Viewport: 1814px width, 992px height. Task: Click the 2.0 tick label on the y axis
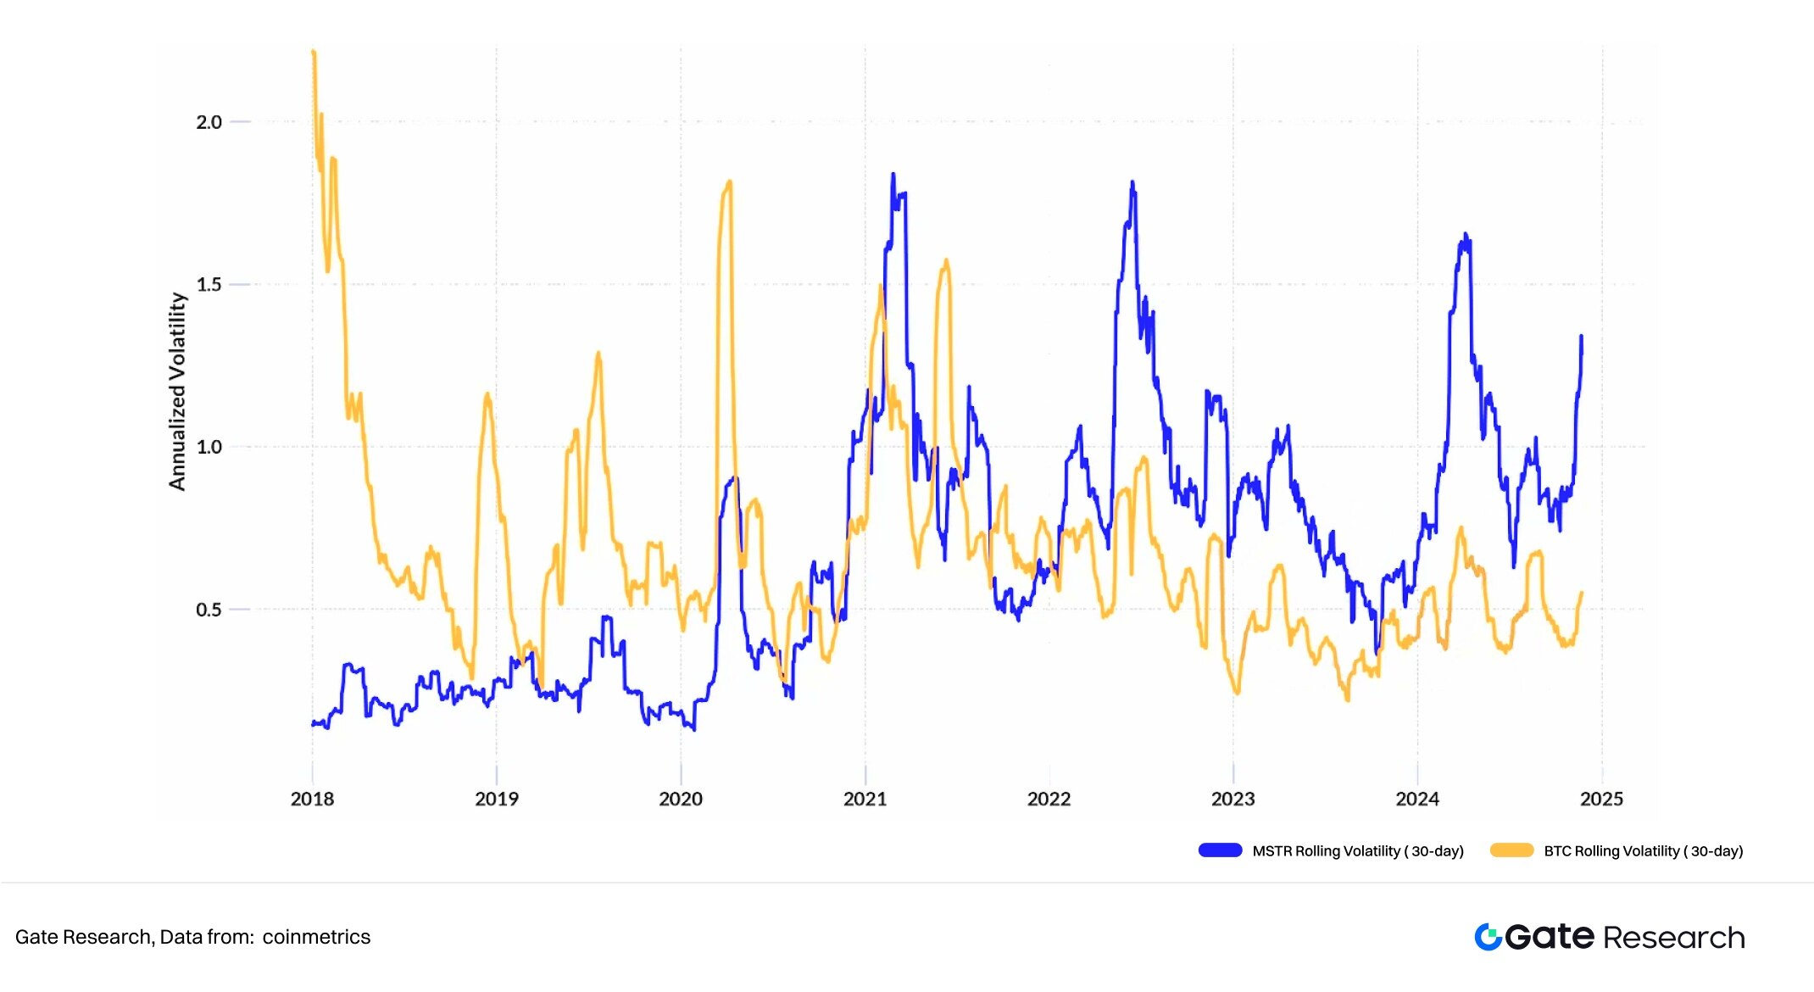click(x=209, y=122)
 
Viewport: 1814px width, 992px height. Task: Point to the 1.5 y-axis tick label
click(x=209, y=285)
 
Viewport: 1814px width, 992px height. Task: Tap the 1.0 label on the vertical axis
click(x=209, y=447)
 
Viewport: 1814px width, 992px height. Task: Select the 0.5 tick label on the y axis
click(x=209, y=610)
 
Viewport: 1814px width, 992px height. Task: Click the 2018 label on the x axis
click(x=312, y=799)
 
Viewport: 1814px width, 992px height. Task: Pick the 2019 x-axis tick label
click(x=496, y=799)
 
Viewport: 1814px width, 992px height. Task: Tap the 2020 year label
click(x=681, y=799)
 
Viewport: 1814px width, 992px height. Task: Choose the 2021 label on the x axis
click(x=865, y=799)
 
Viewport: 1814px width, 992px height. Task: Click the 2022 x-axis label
click(x=1049, y=799)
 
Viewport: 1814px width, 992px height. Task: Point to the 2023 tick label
click(x=1233, y=799)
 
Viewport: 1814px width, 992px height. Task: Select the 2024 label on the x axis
click(x=1417, y=799)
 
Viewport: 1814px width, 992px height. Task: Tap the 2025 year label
click(x=1601, y=799)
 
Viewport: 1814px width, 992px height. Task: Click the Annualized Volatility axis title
click(x=176, y=391)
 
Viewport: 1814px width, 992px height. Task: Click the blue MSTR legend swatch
click(x=1220, y=850)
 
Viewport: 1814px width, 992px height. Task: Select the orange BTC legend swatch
click(x=1511, y=850)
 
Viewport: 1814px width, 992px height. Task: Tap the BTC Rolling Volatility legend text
click(x=1643, y=851)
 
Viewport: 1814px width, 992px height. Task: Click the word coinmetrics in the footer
click(x=316, y=937)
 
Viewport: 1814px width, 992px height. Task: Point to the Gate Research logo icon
click(x=1488, y=937)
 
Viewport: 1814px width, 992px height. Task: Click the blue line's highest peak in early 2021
click(x=893, y=176)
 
